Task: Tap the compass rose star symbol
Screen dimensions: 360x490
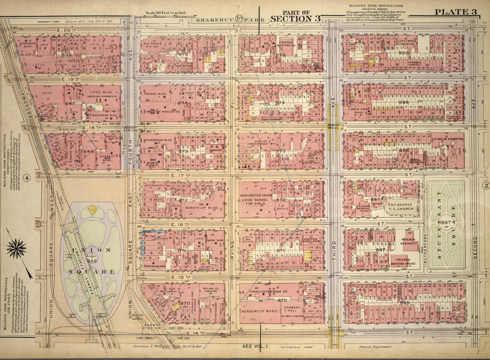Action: (18, 249)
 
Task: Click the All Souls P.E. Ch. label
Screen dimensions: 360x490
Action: (154, 46)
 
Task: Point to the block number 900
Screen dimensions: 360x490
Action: (403, 53)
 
